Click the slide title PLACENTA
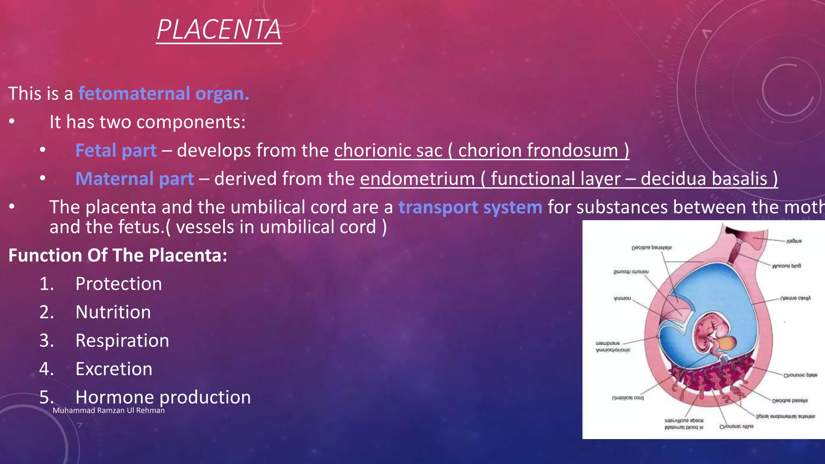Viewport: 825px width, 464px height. [219, 30]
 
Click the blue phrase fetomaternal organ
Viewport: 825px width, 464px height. [164, 93]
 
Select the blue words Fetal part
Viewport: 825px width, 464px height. [116, 150]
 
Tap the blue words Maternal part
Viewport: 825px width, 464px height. [135, 179]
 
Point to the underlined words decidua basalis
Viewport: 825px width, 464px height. [704, 179]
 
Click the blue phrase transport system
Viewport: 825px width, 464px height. [470, 207]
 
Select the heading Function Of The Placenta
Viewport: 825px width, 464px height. [118, 255]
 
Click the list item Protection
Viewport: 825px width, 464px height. [118, 284]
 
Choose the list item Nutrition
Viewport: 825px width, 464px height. [113, 312]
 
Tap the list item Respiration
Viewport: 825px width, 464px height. [122, 340]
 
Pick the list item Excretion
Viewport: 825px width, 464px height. [114, 369]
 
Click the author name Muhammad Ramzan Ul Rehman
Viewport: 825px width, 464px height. [109, 410]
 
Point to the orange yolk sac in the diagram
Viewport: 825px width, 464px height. [728, 343]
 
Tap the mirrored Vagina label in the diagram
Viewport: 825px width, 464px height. [794, 241]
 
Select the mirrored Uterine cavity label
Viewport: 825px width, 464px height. [795, 298]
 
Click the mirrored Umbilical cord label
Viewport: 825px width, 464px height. [628, 398]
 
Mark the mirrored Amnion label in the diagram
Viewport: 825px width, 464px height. [622, 298]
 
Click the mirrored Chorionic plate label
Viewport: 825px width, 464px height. [800, 375]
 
